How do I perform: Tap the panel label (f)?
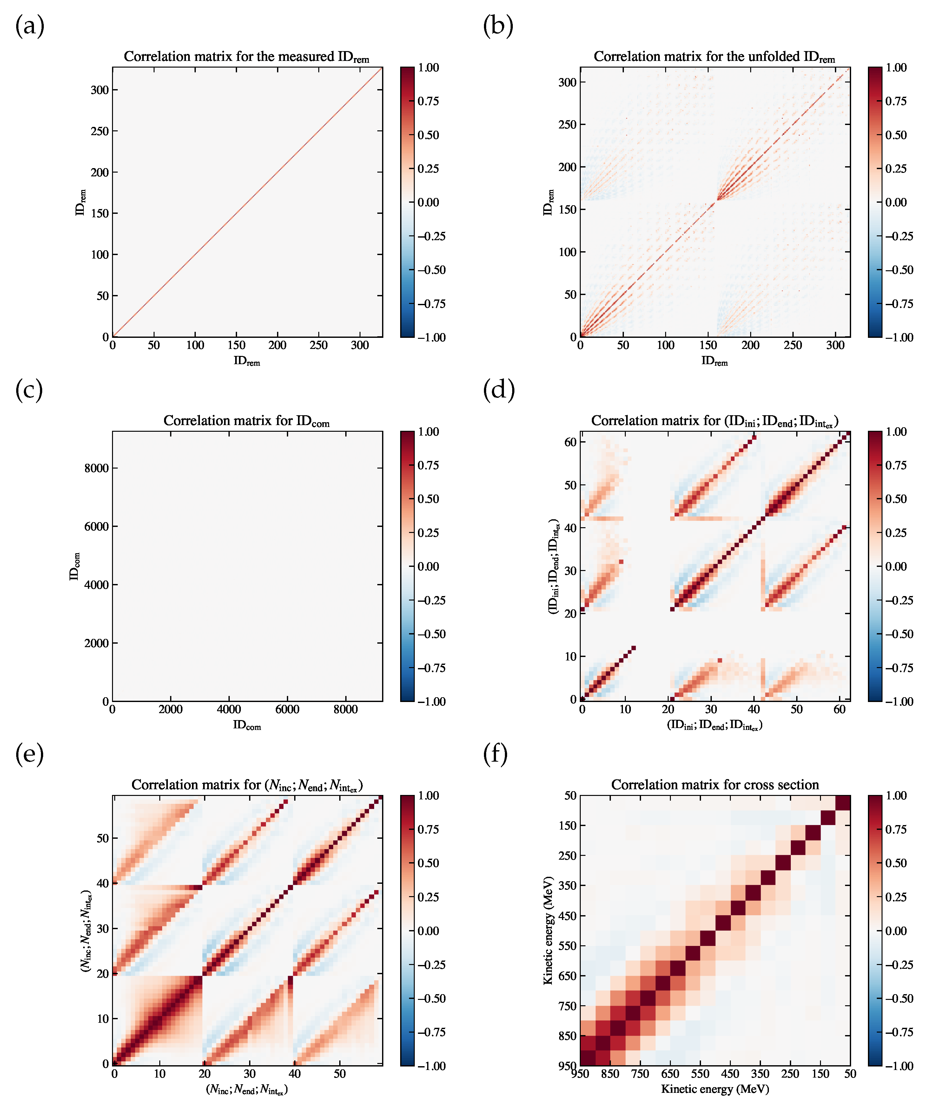click(x=495, y=754)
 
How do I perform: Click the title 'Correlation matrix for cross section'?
click(x=714, y=785)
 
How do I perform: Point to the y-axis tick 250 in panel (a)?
click(x=100, y=131)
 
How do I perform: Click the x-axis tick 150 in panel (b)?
click(x=708, y=345)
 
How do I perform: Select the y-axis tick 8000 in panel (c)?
click(x=96, y=468)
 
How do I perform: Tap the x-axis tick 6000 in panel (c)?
click(x=288, y=709)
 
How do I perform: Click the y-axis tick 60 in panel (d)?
click(x=571, y=442)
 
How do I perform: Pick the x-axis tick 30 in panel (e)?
click(x=250, y=1073)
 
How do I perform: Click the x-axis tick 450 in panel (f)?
click(x=730, y=1074)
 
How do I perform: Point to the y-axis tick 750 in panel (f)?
click(x=567, y=1006)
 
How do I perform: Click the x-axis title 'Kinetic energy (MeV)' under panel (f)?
click(x=714, y=1089)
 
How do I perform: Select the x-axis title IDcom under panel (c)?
click(x=247, y=725)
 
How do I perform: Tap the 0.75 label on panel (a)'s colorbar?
click(x=428, y=101)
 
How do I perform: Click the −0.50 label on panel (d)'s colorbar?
click(x=899, y=634)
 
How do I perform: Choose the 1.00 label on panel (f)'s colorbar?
click(x=896, y=796)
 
